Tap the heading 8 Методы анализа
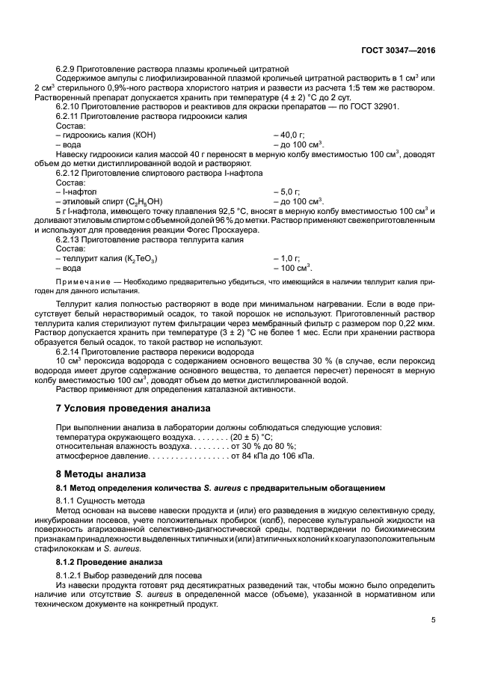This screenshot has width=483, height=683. click(97, 474)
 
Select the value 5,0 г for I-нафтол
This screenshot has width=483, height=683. click(290, 192)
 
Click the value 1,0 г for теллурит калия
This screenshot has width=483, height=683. click(290, 258)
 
